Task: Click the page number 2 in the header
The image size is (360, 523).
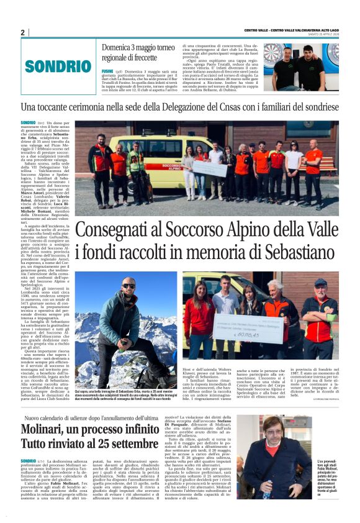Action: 23,32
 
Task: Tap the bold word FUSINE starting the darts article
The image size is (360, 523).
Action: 107,71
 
